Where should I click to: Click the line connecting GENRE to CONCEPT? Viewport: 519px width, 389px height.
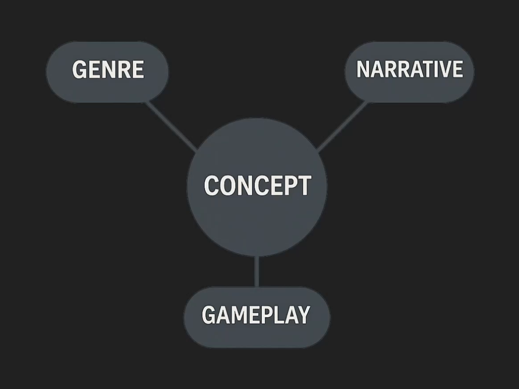pos(172,127)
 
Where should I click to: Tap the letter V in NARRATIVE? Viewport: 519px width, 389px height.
pos(445,69)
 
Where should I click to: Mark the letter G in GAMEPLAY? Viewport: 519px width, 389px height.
pos(209,315)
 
